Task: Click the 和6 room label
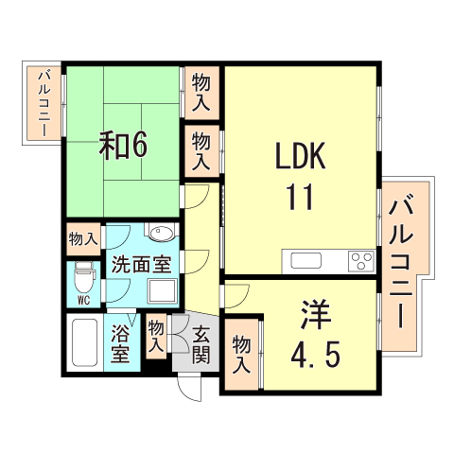(123, 146)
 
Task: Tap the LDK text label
(301, 156)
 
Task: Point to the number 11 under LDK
(300, 197)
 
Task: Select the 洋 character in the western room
(316, 314)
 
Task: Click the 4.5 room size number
(315, 355)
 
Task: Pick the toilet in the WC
(83, 277)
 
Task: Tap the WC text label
(83, 301)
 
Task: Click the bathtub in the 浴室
(84, 342)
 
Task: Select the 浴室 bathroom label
(120, 343)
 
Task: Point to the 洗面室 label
(142, 264)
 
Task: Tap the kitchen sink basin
(306, 261)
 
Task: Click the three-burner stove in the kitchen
(361, 261)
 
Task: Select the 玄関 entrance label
(201, 344)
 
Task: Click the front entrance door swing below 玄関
(189, 387)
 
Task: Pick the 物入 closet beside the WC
(83, 238)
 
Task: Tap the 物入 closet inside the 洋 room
(241, 355)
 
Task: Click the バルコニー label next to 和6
(44, 104)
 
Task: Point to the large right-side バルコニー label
(401, 262)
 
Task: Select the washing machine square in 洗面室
(162, 290)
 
